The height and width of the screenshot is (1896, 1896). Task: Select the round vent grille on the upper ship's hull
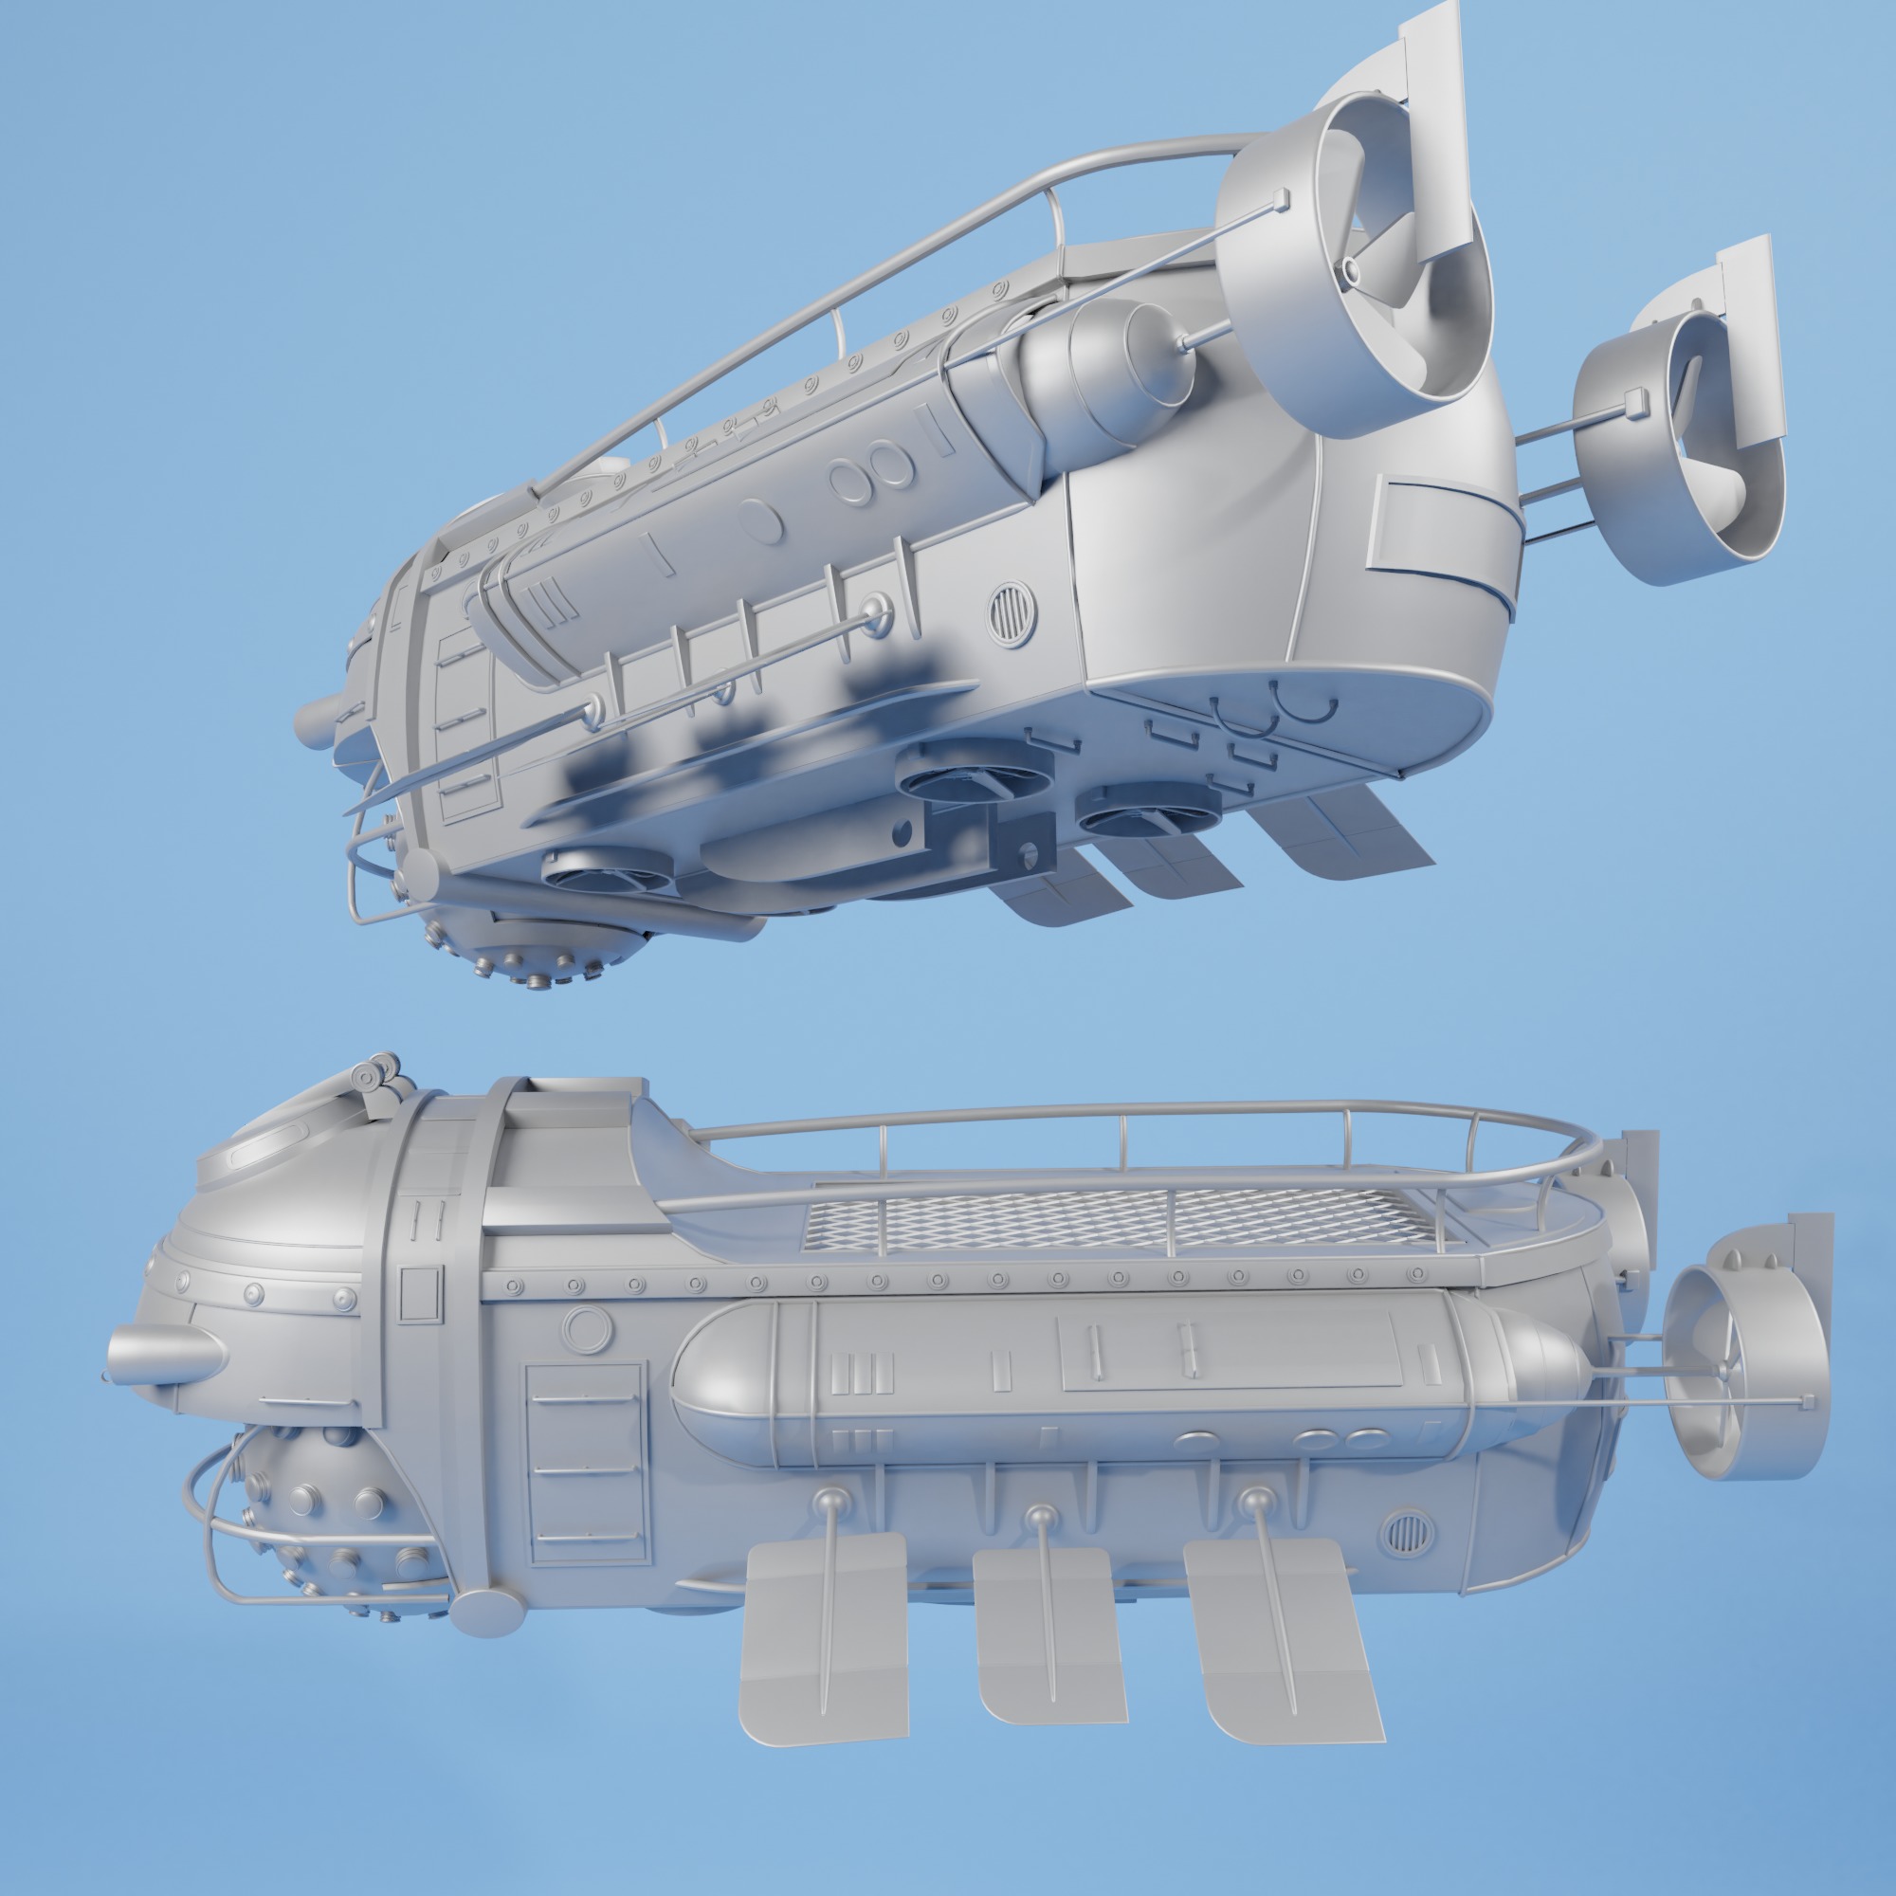point(1011,614)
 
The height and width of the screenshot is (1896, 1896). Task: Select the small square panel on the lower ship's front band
point(421,1293)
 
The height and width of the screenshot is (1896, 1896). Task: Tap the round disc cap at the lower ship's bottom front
point(485,1613)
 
